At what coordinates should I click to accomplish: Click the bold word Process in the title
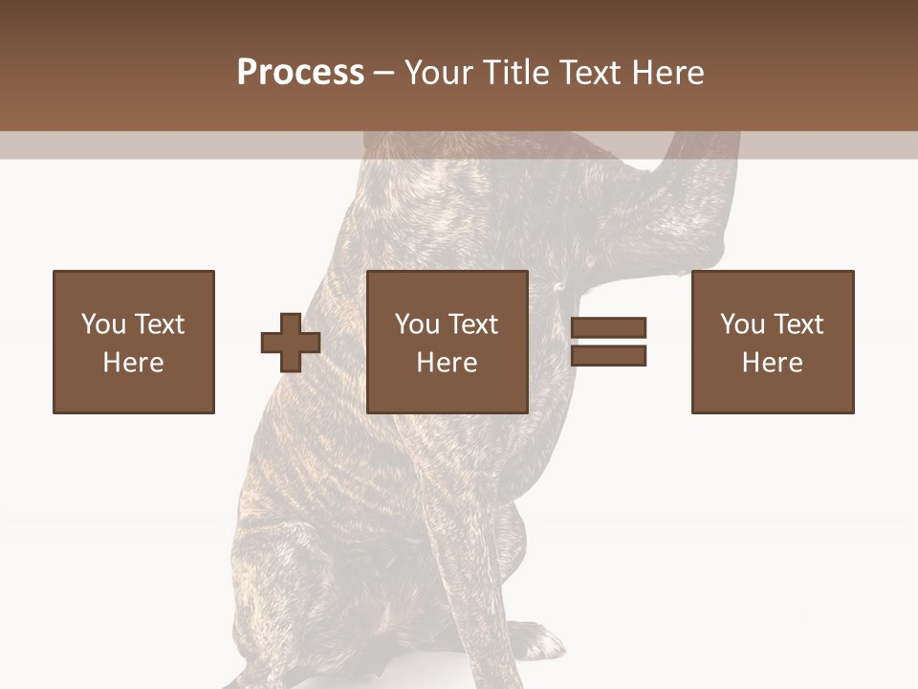(x=300, y=73)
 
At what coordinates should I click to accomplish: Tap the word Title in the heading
(x=515, y=73)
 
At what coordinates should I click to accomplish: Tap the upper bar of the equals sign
(x=608, y=328)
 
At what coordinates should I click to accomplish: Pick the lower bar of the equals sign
(x=608, y=355)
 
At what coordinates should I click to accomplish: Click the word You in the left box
(x=103, y=324)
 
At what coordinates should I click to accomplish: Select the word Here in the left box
(x=133, y=363)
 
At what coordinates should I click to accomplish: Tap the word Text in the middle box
(x=472, y=324)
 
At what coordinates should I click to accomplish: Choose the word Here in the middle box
(x=447, y=363)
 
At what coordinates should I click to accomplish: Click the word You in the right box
(x=742, y=324)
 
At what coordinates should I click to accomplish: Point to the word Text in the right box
(x=798, y=324)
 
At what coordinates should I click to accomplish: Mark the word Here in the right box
(x=772, y=363)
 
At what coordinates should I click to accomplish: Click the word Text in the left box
(x=159, y=324)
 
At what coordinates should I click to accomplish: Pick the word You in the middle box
(x=417, y=324)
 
